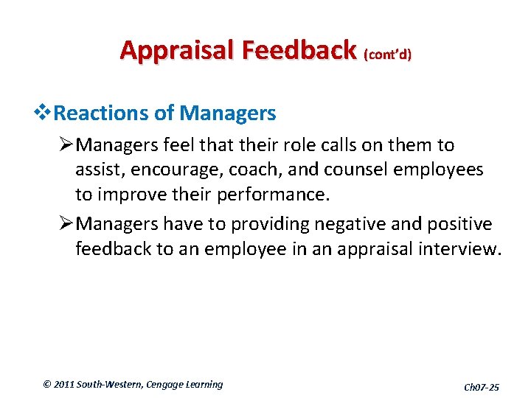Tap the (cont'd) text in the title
point(387,55)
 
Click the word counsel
point(350,170)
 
